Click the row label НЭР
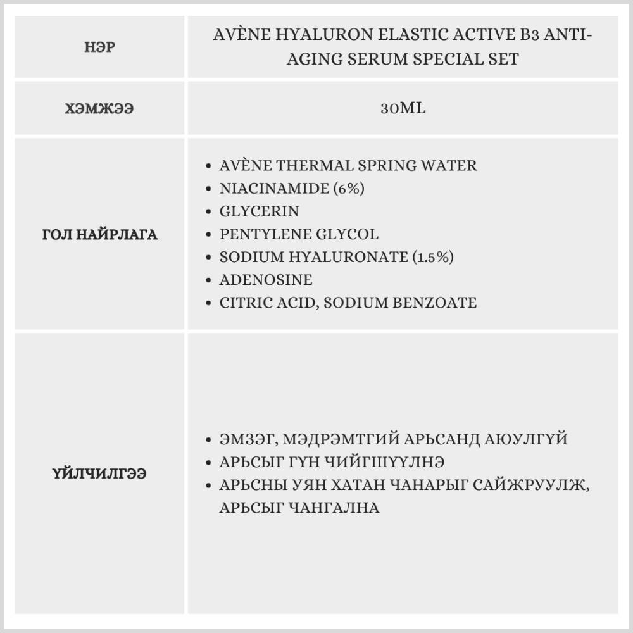[99, 47]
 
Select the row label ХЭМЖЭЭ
[99, 108]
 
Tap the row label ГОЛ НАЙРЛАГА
[99, 235]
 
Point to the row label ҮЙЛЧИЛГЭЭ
[99, 473]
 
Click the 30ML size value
[403, 108]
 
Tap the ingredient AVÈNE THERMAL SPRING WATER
[348, 166]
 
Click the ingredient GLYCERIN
[259, 211]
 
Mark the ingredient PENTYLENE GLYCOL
[299, 234]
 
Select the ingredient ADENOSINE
[266, 280]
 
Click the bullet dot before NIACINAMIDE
[209, 189]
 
